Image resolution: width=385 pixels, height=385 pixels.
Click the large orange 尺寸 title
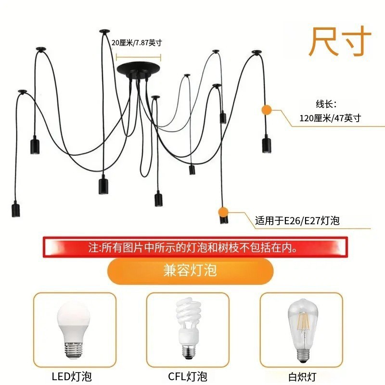click(x=340, y=42)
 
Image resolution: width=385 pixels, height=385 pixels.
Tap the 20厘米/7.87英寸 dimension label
click(x=137, y=43)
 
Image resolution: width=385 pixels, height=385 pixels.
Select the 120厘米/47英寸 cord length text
click(x=330, y=118)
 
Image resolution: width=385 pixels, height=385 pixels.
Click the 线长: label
click(x=326, y=103)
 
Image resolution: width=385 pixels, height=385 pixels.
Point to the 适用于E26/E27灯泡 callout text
click(x=297, y=221)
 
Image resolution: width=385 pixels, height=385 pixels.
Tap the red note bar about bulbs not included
click(x=194, y=248)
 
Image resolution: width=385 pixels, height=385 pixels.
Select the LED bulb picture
click(x=74, y=327)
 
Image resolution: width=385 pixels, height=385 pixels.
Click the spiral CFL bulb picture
click(x=187, y=327)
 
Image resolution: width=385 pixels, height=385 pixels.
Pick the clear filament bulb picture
click(x=302, y=327)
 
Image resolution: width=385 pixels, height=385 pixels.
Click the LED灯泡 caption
click(x=72, y=376)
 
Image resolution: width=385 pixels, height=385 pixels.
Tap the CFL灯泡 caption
click(x=188, y=376)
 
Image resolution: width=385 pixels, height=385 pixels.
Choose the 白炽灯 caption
click(x=303, y=376)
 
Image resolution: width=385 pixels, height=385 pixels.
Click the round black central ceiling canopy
click(x=139, y=68)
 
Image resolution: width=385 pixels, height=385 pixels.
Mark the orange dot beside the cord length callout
click(x=266, y=110)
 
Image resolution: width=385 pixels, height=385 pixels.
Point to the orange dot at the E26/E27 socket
click(x=222, y=211)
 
